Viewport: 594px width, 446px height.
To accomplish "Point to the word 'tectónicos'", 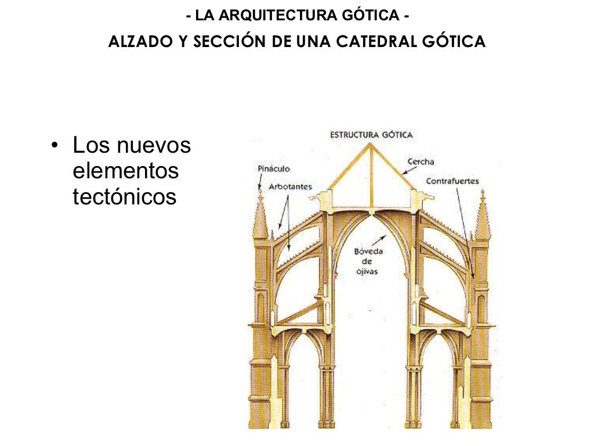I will click(124, 197).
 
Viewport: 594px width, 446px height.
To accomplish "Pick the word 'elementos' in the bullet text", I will click(126, 171).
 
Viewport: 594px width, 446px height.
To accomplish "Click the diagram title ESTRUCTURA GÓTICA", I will click(371, 135).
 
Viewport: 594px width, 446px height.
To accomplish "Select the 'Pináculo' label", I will click(273, 169).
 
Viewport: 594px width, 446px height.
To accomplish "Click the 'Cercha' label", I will click(421, 162).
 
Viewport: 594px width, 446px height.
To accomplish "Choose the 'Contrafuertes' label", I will click(452, 181).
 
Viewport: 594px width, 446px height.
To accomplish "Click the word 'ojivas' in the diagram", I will click(367, 271).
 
